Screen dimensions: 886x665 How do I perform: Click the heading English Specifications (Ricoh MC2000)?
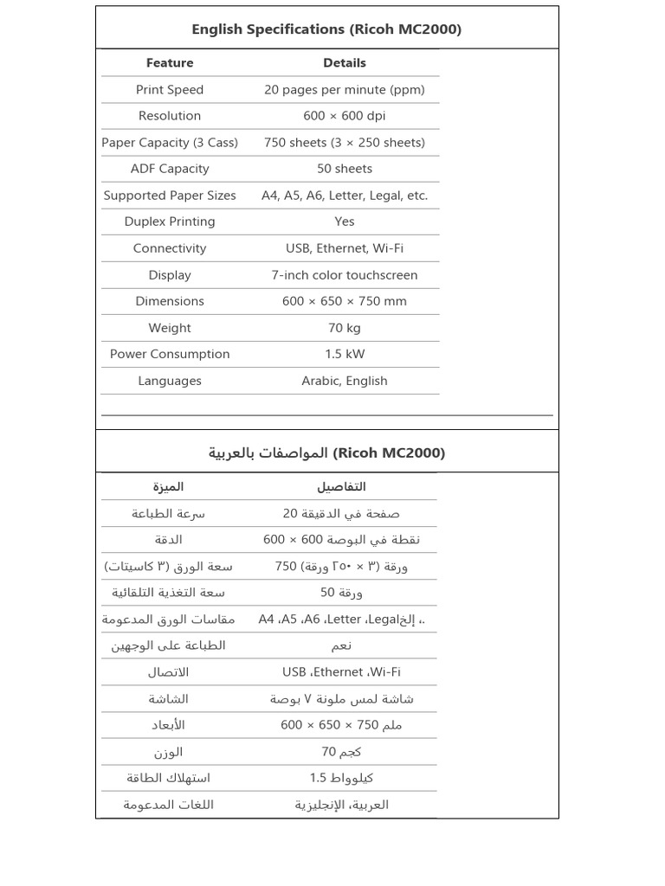pos(326,29)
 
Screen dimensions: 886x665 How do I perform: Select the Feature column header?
pos(170,63)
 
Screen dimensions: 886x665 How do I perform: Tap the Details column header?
pos(345,63)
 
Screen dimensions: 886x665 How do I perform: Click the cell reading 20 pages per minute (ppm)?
pos(345,89)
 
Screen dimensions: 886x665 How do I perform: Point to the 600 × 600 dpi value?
pos(345,116)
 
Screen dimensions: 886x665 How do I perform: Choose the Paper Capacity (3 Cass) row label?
pos(170,143)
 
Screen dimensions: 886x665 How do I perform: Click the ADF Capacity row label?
pos(170,169)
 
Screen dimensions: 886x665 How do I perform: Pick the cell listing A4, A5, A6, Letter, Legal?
pos(345,196)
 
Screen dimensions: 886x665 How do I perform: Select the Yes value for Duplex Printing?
pos(345,221)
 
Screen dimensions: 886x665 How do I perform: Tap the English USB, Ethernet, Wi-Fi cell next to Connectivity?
pos(345,248)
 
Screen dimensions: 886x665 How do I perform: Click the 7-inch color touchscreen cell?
pos(345,275)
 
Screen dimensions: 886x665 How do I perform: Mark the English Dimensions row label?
pos(170,301)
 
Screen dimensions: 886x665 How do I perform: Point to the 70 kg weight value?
pos(345,328)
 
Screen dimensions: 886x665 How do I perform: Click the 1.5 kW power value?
pos(345,354)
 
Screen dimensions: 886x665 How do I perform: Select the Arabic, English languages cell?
pos(345,381)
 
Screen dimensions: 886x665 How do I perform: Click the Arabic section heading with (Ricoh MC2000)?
pos(326,453)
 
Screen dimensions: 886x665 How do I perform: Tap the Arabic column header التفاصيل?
pos(341,487)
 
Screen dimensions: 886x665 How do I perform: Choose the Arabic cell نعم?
pos(341,645)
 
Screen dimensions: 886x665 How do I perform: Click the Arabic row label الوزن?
pos(168,752)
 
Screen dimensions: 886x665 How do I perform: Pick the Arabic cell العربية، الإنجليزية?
pos(341,805)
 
